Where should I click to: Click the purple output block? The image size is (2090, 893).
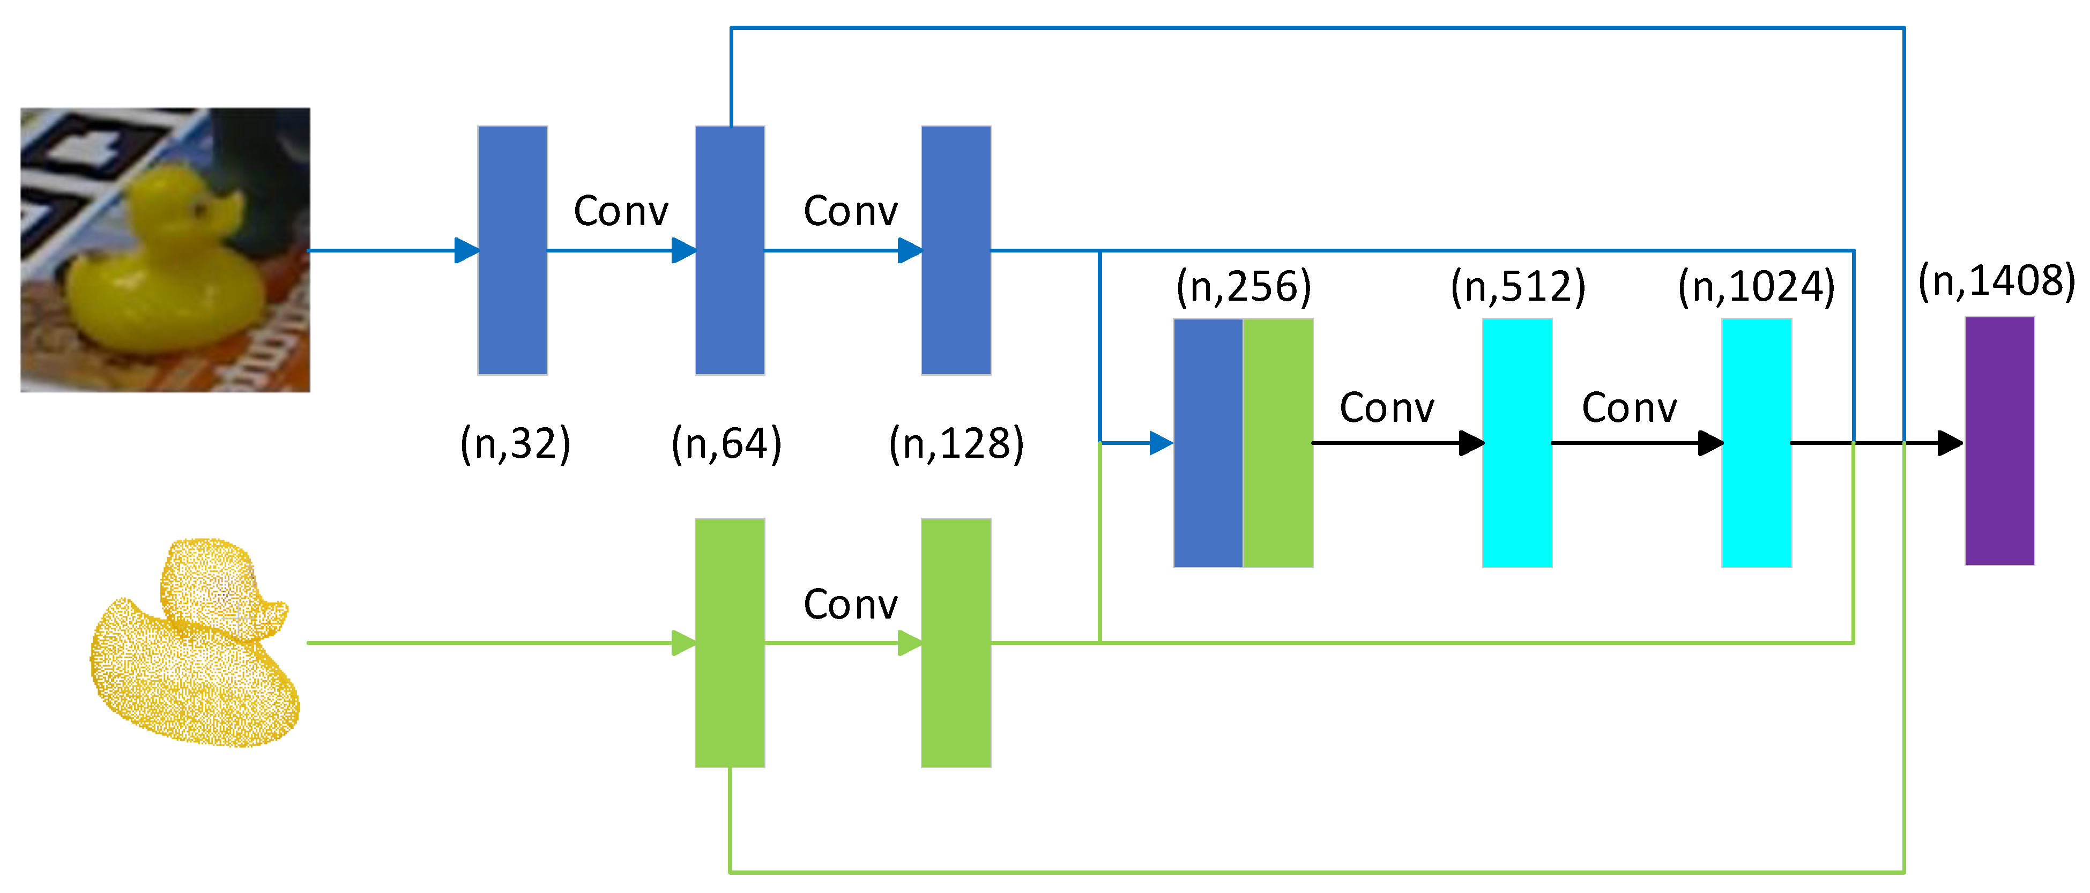[1999, 441]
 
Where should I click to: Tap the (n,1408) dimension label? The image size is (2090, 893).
[1996, 281]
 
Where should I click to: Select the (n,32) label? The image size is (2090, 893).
[515, 444]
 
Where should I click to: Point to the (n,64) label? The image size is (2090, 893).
[726, 444]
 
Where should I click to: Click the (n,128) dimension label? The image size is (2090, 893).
[957, 444]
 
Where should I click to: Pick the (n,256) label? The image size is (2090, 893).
[1244, 286]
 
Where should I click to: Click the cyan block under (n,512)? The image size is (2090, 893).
[1517, 443]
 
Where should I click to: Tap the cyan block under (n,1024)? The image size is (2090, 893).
[1757, 443]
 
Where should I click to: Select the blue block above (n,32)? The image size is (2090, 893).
[512, 250]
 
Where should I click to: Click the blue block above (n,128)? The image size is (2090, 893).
[956, 250]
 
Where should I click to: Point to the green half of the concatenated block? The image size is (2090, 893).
[1278, 443]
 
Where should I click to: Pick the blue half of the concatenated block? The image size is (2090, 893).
[1208, 443]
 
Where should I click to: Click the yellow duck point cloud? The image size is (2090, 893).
[195, 642]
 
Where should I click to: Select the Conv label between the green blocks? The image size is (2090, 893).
[850, 604]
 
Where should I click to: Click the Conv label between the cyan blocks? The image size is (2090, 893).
[1629, 407]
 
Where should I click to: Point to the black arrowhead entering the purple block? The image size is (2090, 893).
[1950, 443]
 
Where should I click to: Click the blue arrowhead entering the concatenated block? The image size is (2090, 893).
[1161, 443]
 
